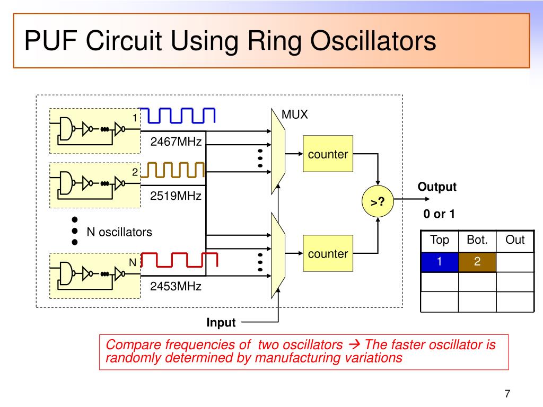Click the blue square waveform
pos(179,115)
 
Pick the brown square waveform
pos(176,170)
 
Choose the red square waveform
pos(180,260)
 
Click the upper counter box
pos(328,154)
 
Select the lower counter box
pos(328,254)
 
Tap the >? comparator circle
pos(378,201)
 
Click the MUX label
pos(294,115)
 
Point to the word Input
pos(221,322)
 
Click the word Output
pos(437,187)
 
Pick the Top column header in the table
pos(439,240)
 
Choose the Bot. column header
pos(477,240)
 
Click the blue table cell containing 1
pos(439,262)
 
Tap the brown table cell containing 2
pos(477,262)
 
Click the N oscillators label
pos(119,232)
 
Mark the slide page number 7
pos(507,394)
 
